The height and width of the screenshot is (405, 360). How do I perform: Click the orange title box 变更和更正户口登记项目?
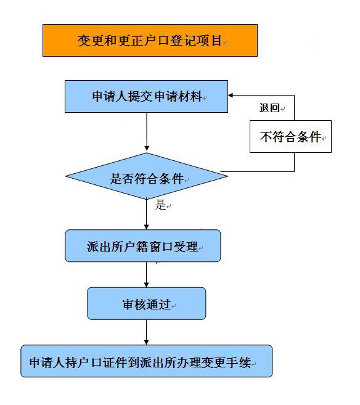(150, 40)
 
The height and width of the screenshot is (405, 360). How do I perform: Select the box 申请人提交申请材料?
(147, 96)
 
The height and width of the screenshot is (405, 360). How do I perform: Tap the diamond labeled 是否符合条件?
(147, 176)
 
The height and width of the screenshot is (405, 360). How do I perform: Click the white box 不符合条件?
(290, 136)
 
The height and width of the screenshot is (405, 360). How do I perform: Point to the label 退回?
(269, 108)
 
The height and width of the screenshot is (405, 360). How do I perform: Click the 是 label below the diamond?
(160, 205)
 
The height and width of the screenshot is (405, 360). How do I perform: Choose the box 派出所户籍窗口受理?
(143, 245)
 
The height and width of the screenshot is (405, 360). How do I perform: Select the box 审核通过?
(147, 303)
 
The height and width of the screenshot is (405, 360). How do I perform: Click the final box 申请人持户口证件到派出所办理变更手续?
(147, 361)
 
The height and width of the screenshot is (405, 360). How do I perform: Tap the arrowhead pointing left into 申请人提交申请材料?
(231, 96)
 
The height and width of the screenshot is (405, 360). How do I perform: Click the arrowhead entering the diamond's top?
(147, 149)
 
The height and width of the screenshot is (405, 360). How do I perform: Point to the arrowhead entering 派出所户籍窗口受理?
(147, 227)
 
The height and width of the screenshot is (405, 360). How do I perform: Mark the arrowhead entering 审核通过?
(147, 285)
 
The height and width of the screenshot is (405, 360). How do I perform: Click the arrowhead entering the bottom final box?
(147, 342)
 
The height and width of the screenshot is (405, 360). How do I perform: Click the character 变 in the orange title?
(84, 41)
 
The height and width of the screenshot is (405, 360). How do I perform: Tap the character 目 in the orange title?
(216, 41)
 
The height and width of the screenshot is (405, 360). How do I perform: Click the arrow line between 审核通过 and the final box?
(147, 332)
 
